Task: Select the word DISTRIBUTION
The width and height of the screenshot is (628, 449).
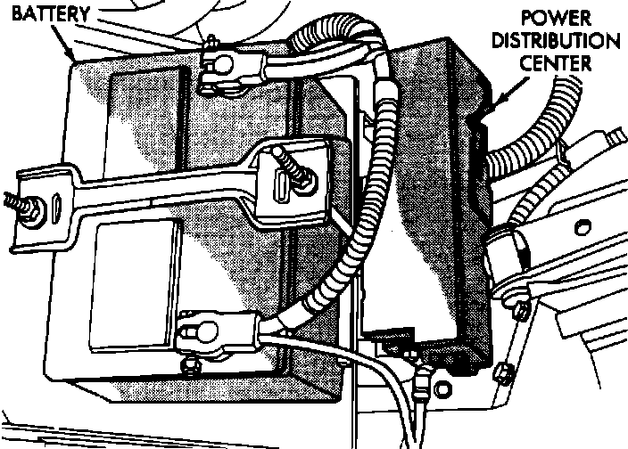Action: point(558,41)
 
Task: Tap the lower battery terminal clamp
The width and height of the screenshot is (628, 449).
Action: point(198,335)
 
